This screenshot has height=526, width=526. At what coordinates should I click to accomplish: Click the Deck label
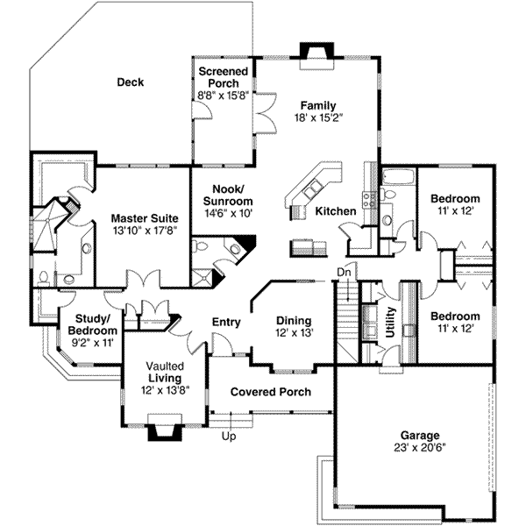pos(130,82)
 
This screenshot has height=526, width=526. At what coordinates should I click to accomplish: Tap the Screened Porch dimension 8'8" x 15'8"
pos(223,96)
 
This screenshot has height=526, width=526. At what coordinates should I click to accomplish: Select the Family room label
pos(318,105)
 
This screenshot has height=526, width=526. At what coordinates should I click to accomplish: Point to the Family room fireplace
pos(316,56)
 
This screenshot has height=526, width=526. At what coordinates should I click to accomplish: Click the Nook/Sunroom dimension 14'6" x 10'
pos(228,213)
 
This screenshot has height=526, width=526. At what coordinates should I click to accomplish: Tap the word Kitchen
pos(336,211)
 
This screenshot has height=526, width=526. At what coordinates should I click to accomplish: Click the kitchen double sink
pos(313,189)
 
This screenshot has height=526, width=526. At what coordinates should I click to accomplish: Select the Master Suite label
pos(145,218)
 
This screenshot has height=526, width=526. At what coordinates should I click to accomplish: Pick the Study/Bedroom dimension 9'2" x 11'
pos(93,343)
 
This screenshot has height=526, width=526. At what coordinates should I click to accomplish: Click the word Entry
pos(226,322)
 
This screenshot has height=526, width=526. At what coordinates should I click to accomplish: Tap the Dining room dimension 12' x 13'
pos(295,333)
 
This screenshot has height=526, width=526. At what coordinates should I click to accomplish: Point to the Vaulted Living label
pos(165,372)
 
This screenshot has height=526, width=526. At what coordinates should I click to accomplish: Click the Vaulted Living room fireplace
pos(165,428)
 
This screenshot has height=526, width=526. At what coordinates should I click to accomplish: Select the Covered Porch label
pos(271,392)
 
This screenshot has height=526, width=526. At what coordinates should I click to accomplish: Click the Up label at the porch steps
pos(229,437)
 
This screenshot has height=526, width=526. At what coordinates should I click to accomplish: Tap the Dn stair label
pos(344,272)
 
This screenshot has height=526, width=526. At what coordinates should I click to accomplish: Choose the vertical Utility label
pos(390,322)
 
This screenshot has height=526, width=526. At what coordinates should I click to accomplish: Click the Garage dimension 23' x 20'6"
pos(420,448)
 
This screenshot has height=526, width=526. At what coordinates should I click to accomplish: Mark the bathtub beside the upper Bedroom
pos(399,177)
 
